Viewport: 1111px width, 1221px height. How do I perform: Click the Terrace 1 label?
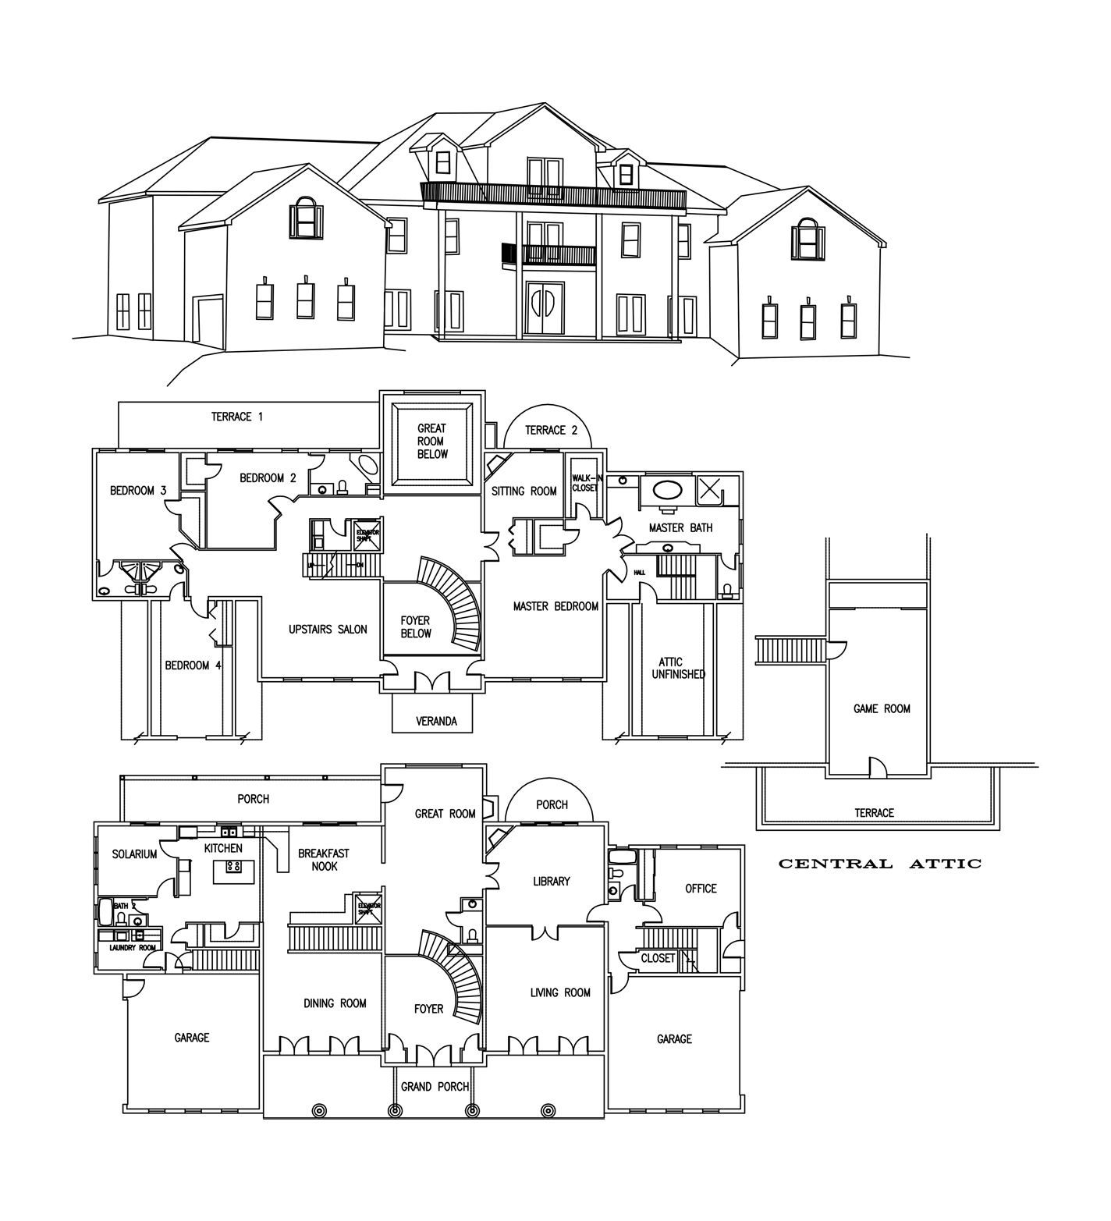pyautogui.click(x=236, y=417)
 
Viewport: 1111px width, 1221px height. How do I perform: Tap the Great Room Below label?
pyautogui.click(x=431, y=441)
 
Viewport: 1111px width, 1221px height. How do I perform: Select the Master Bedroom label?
pyautogui.click(x=555, y=606)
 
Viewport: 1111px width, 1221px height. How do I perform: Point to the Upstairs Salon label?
pyautogui.click(x=328, y=630)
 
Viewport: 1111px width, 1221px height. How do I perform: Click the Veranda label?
pyautogui.click(x=436, y=722)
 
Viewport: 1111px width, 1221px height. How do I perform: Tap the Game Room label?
pyautogui.click(x=882, y=708)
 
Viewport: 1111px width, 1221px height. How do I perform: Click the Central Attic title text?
pyautogui.click(x=880, y=864)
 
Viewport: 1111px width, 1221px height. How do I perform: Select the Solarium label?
pyautogui.click(x=134, y=854)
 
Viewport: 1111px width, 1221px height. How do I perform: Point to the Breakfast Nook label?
pyautogui.click(x=324, y=860)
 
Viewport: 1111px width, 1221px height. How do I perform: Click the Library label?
pyautogui.click(x=551, y=881)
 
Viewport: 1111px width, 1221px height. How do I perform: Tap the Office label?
pyautogui.click(x=701, y=888)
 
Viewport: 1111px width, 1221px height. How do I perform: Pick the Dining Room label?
pyautogui.click(x=335, y=1003)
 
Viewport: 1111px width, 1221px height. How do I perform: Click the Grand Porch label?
pyautogui.click(x=435, y=1086)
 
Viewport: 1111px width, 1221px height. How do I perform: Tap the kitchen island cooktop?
pyautogui.click(x=233, y=866)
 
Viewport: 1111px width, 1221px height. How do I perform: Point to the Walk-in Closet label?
pyautogui.click(x=585, y=482)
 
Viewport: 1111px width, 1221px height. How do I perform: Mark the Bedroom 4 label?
pyautogui.click(x=193, y=666)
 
